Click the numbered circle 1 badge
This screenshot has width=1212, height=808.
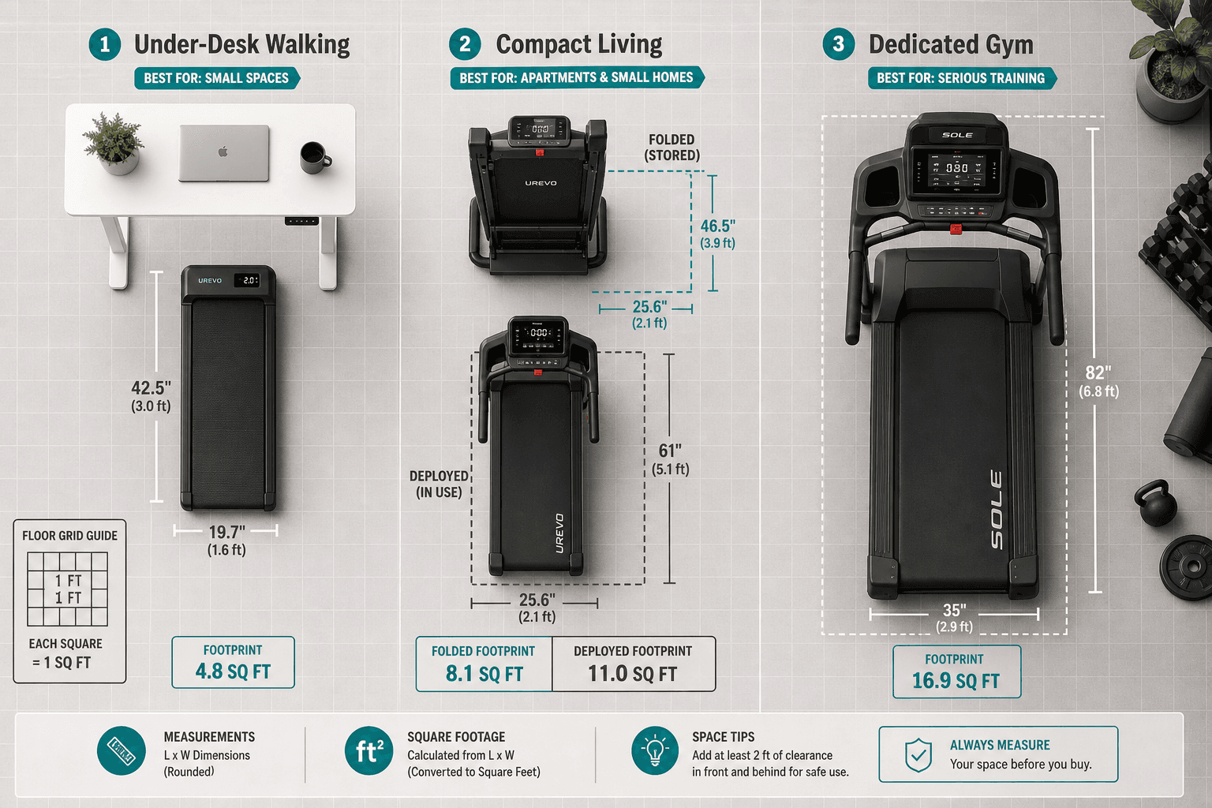104,44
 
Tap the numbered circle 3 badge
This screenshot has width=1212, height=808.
839,44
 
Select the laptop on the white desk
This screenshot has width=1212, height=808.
224,153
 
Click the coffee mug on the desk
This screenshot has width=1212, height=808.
315,158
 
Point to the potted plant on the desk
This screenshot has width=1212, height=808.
114,144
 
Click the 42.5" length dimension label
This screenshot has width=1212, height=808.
151,387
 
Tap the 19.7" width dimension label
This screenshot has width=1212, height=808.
226,532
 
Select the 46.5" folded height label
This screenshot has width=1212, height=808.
718,226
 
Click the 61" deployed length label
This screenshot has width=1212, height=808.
670,451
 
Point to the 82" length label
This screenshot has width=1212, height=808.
1098,372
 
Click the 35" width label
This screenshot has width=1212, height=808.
955,610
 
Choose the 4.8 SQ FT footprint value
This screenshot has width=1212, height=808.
233,671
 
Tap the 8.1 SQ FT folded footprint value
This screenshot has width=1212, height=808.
484,674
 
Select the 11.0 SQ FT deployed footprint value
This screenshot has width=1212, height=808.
633,674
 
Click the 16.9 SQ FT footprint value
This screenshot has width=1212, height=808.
956,681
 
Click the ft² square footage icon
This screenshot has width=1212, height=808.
368,750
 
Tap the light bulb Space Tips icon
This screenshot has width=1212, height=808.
655,750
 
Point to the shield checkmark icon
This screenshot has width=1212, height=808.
918,754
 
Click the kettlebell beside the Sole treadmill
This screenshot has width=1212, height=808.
1156,503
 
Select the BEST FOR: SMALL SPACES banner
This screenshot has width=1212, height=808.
216,78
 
